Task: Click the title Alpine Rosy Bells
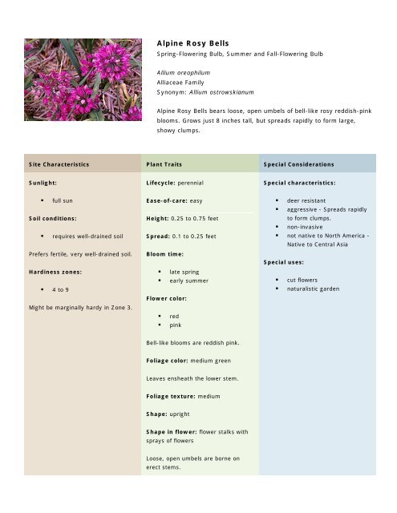pos(192,42)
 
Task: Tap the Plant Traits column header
pos(164,164)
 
